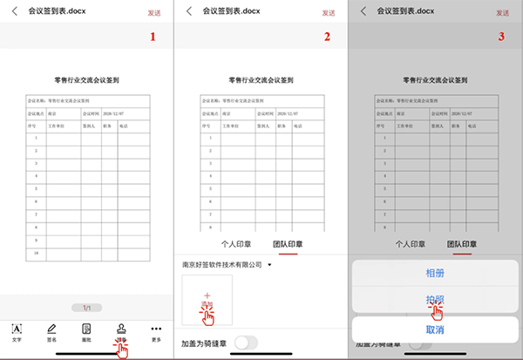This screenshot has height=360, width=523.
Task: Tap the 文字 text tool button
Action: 17,333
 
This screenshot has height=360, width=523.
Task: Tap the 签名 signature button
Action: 51,333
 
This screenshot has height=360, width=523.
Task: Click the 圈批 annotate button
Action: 86,333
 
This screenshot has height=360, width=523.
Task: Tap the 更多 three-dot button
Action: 157,333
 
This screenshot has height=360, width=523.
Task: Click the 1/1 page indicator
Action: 86,308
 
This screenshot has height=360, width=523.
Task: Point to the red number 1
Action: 153,37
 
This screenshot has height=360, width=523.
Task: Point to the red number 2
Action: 327,37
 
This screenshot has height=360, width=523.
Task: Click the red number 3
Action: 501,37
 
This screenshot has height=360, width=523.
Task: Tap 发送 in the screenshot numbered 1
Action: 155,13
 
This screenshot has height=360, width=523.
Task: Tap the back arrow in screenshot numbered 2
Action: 188,11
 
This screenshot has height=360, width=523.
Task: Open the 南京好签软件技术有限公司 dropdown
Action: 227,263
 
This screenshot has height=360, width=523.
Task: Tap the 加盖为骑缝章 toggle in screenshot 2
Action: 247,343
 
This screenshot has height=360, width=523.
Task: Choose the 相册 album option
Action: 436,273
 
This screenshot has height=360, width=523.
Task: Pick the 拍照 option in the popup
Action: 436,298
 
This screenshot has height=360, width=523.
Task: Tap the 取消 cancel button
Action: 436,330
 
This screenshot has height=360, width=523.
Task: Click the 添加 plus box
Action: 207,301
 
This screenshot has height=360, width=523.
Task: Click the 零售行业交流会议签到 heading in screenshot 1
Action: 86,79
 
